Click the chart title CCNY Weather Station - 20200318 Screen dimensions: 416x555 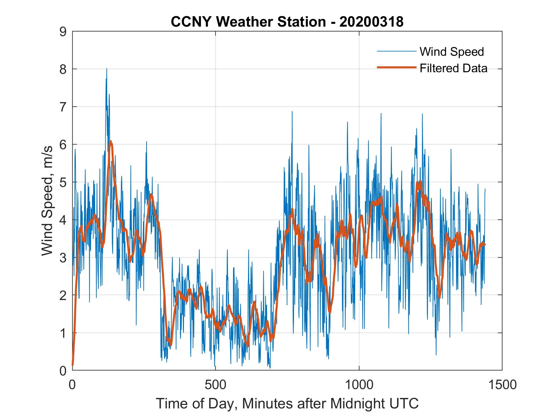point(287,22)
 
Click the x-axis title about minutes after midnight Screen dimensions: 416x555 point(287,403)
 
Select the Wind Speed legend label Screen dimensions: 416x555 point(452,52)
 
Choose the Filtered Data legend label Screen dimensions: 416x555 point(453,68)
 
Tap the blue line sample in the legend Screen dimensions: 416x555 point(396,52)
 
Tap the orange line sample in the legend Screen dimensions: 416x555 point(396,67)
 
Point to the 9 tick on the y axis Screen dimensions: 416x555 point(63,32)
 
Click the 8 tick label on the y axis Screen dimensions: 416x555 point(63,69)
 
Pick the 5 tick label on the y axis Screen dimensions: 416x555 point(63,182)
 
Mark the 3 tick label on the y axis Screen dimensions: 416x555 point(63,258)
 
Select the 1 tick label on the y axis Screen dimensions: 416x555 point(63,333)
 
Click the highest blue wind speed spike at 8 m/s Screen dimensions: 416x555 point(107,69)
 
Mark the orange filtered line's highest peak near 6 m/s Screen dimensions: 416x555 point(110,142)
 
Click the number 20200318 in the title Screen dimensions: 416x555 point(371,22)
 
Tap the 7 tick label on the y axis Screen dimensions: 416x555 point(63,107)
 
